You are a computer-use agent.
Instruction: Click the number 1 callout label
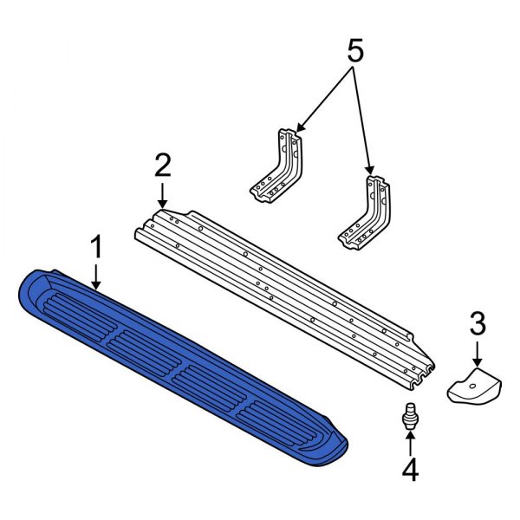point(97,248)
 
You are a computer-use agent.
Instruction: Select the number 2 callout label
point(162,164)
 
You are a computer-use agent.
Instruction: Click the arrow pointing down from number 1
point(97,276)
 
